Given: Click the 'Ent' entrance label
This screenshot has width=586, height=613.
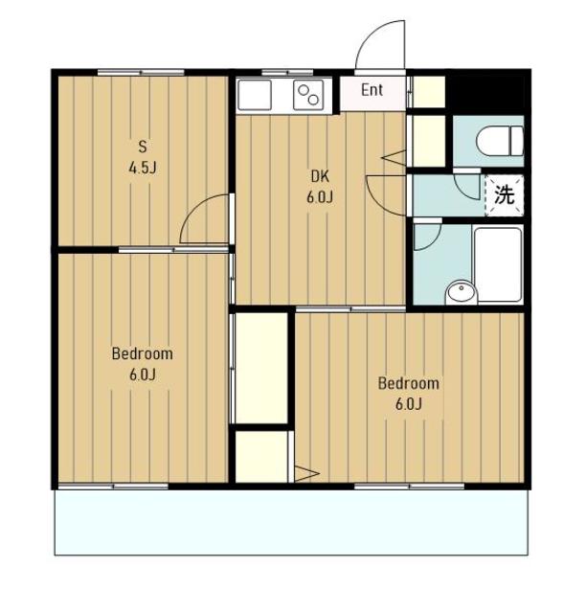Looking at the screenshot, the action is pos(372,90).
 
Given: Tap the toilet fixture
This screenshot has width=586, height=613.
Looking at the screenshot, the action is pos(500,141).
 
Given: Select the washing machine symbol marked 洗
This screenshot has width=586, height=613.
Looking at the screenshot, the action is pos(504,195).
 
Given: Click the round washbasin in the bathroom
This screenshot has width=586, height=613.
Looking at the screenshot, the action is pos(462,291).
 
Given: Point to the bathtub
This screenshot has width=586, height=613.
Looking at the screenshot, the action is pos(498,264).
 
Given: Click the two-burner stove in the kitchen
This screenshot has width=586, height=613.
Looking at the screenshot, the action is pos(308,95).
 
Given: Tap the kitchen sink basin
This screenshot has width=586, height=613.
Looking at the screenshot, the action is pos(255,95).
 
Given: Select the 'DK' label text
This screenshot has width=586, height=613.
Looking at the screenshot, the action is pos(320,176).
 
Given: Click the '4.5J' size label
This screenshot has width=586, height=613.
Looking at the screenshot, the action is pos(143,169).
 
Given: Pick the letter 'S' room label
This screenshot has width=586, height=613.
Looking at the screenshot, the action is pos(143,147).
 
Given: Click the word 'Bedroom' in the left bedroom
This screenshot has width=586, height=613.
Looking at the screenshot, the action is pos(143,353).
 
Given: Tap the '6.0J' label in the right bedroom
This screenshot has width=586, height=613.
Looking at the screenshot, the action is pos(409,404).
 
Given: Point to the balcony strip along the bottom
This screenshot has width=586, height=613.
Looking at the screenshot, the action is pos(291,522).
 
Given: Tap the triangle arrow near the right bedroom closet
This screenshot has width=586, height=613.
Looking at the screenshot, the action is pos(306,474).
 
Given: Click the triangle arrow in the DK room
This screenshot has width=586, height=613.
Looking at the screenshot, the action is pos(394,157).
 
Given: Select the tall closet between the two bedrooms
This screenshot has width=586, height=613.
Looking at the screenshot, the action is pos(261,368).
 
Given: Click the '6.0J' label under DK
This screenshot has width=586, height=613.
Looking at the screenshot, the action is pos(320,197).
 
